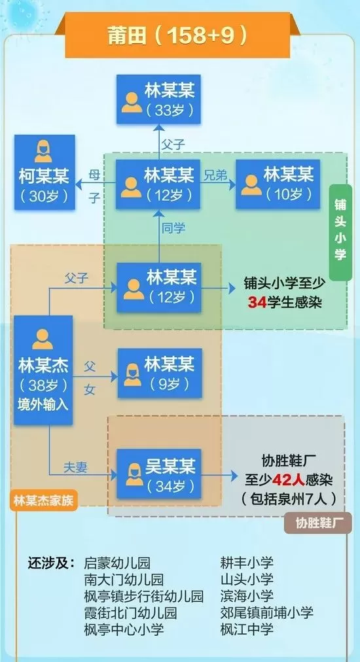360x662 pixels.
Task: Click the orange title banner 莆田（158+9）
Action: click(177, 35)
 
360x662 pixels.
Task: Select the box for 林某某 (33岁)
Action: click(158, 99)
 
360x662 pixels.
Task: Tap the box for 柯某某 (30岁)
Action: click(45, 172)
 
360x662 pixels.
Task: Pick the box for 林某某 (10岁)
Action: click(278, 184)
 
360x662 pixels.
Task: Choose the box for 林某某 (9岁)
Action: click(159, 374)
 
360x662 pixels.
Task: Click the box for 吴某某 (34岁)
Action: click(159, 474)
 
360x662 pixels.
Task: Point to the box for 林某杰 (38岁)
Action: click(43, 370)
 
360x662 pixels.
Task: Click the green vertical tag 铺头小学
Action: click(340, 233)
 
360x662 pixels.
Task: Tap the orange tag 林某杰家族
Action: click(43, 500)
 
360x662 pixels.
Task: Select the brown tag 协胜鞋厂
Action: click(317, 523)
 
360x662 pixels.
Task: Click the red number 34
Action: click(257, 302)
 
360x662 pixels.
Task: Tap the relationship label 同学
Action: click(173, 228)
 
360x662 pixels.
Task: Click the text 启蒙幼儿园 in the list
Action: click(117, 563)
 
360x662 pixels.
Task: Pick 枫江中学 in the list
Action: click(247, 629)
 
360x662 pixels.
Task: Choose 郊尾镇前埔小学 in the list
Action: click(266, 612)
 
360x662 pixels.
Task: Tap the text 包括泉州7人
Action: click(289, 499)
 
